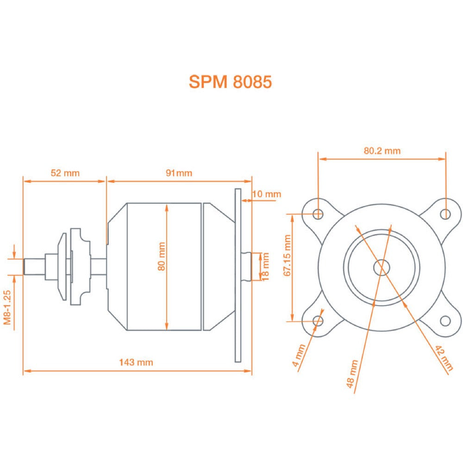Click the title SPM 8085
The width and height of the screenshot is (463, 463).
pos(230,81)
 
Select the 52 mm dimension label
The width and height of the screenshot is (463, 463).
pos(65,174)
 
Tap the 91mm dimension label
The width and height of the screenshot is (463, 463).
pos(179,174)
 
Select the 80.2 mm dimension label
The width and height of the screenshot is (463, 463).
pos(382,150)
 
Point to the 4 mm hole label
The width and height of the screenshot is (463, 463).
pos(300,356)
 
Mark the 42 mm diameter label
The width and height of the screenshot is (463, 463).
pos(442,356)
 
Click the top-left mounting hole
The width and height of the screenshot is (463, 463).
pos(318,213)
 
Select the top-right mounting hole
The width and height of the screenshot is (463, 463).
pos(445,213)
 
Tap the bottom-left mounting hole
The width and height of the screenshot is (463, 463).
pos(318,320)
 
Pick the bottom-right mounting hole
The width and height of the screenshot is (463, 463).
pos(445,320)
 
